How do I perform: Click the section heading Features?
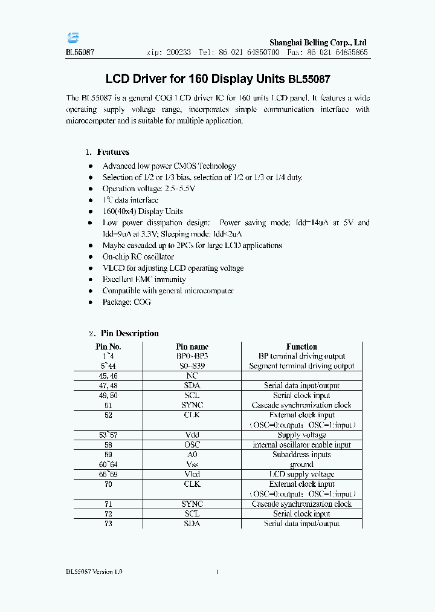[113, 152]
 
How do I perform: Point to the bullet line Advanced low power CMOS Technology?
[169, 166]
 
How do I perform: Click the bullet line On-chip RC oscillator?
[138, 257]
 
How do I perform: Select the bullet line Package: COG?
[127, 302]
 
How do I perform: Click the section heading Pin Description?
[129, 333]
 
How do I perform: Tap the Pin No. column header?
[108, 347]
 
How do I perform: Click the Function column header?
[301, 347]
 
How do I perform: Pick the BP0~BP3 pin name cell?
[192, 356]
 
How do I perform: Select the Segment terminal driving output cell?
[301, 366]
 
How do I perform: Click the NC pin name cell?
[192, 376]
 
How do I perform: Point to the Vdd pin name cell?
[192, 435]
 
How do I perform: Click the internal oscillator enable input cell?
[301, 444]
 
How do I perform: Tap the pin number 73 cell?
[108, 523]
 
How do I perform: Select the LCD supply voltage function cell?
[301, 474]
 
